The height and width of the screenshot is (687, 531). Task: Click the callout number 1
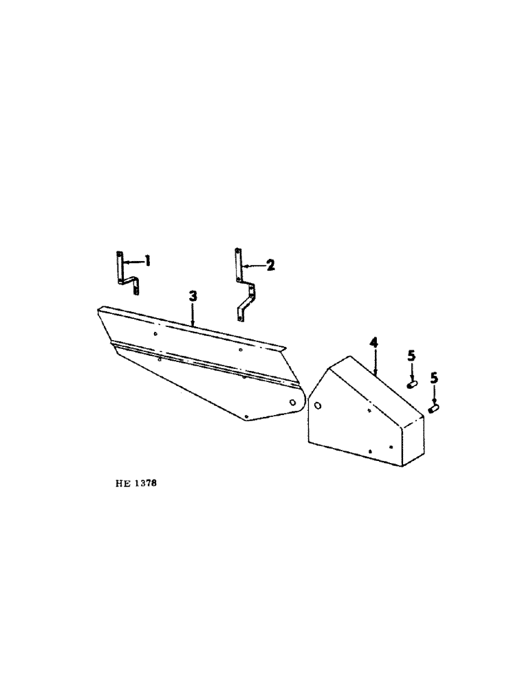[x=147, y=261]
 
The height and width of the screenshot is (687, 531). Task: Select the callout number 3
[x=193, y=296]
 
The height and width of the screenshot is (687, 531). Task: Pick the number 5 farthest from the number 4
[x=433, y=379]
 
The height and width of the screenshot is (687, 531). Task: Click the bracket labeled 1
[x=124, y=273]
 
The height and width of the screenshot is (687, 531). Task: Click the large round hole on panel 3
[x=293, y=402]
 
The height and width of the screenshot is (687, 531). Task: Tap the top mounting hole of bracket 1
[x=120, y=255]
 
